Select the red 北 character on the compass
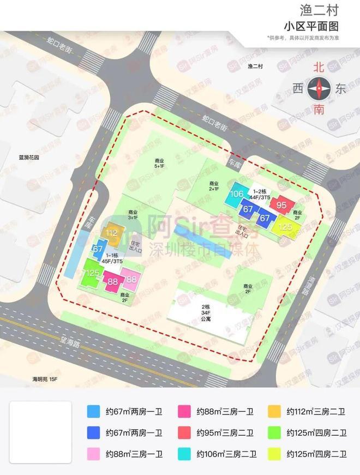pos(319,68)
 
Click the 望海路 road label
pos(71,344)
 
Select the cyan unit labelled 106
pos(237,194)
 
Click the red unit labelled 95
pos(281,205)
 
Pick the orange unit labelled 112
pos(112,233)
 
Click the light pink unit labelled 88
pos(131,280)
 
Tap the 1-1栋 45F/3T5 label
pos(115,257)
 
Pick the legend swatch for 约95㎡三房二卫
pos(185,434)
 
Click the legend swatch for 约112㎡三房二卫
pos(275,412)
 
